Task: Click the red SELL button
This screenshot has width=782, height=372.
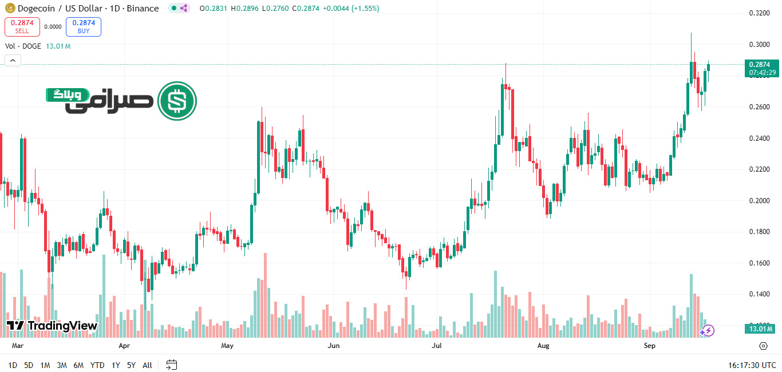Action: click(22, 26)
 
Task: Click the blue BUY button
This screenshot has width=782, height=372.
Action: click(83, 26)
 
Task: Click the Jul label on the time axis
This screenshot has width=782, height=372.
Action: click(437, 346)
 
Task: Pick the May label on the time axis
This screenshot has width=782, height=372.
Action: click(227, 346)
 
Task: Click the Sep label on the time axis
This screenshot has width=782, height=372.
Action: click(649, 346)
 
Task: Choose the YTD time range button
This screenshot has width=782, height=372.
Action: click(97, 365)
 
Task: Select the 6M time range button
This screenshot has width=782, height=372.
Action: click(78, 365)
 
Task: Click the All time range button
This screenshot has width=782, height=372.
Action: click(147, 365)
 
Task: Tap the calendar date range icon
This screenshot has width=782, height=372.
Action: click(171, 365)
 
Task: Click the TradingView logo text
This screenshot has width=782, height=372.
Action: click(53, 326)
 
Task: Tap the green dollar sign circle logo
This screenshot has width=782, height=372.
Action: click(177, 101)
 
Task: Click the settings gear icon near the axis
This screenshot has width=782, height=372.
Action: click(763, 346)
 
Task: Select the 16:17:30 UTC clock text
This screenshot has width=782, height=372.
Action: click(752, 365)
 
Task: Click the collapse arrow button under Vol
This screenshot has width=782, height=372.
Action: click(13, 60)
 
